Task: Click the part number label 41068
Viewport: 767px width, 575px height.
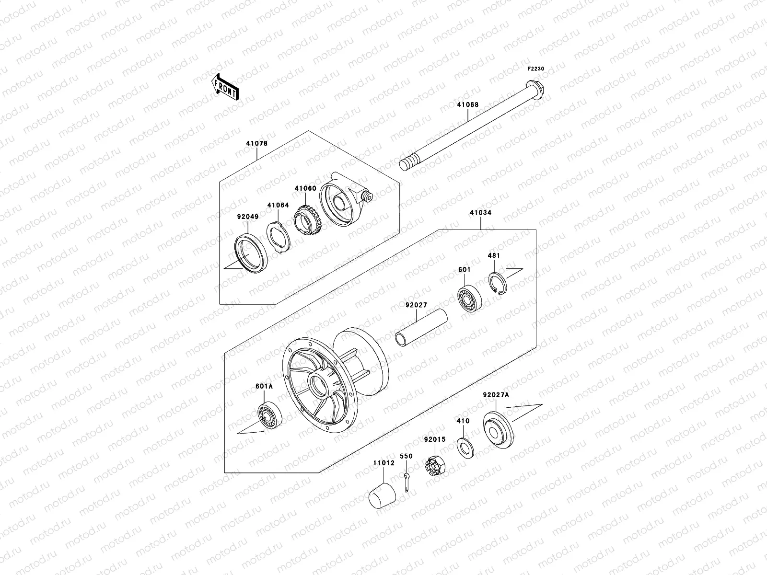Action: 467,104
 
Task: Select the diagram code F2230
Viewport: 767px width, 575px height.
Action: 536,69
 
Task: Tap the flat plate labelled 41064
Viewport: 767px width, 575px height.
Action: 278,237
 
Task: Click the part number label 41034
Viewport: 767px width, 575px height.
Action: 480,212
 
